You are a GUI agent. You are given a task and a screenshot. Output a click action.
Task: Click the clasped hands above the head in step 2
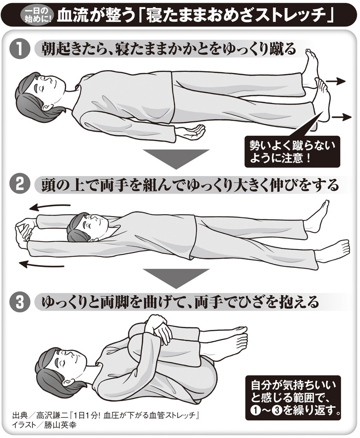22,230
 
